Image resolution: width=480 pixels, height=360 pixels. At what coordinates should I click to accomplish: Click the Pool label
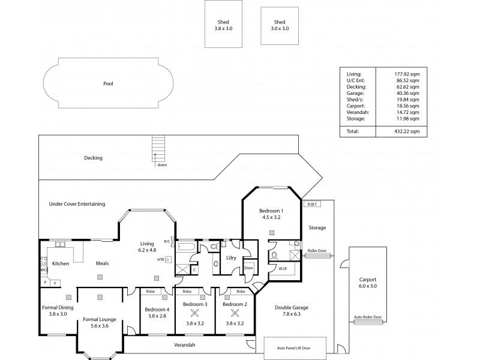107,84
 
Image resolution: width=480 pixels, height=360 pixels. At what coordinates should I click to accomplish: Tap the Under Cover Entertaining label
77,204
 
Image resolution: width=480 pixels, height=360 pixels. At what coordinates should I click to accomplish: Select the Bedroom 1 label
271,211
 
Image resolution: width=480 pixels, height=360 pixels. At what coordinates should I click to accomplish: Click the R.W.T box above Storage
312,205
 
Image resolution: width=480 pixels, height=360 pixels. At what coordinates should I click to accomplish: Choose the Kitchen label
61,263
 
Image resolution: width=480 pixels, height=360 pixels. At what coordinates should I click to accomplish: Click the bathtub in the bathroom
187,247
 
